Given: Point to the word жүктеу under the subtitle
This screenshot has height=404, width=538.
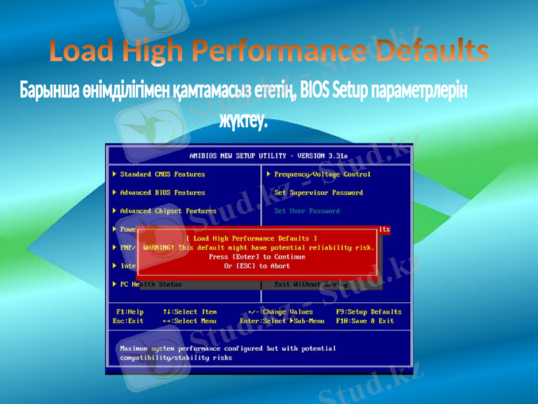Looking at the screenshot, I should tap(243, 122).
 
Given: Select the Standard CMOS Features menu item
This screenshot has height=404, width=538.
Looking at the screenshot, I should tap(162, 174).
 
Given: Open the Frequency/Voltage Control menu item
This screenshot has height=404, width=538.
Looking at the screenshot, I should tap(322, 174).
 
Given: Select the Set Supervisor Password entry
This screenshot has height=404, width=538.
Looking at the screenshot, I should tap(318, 193).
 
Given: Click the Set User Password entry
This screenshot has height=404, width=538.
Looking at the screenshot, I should tap(307, 211).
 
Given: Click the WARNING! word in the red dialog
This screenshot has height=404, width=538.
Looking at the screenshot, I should tap(159, 248).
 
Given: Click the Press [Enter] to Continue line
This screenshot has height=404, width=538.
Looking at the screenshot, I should tap(257, 257).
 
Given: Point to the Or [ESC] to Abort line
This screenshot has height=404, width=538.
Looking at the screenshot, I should tap(257, 266).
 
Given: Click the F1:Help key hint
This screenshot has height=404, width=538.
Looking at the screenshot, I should tap(130, 312).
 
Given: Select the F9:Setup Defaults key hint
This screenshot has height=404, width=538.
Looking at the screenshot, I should tap(369, 312).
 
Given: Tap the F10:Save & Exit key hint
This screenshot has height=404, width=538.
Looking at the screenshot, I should tap(364, 321).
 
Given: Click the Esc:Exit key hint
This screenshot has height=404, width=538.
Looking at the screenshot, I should tap(128, 321).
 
